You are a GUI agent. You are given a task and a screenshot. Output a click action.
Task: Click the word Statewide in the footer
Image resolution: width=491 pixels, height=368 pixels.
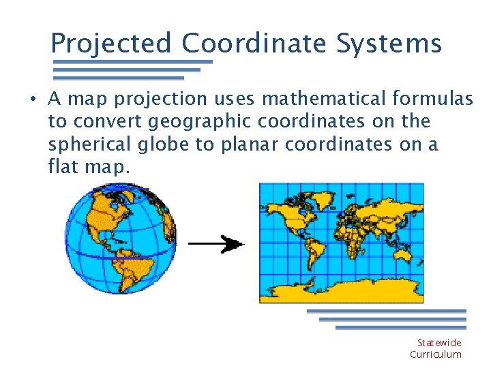439,343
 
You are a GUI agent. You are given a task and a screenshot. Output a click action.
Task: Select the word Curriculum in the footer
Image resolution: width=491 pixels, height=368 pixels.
436,354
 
